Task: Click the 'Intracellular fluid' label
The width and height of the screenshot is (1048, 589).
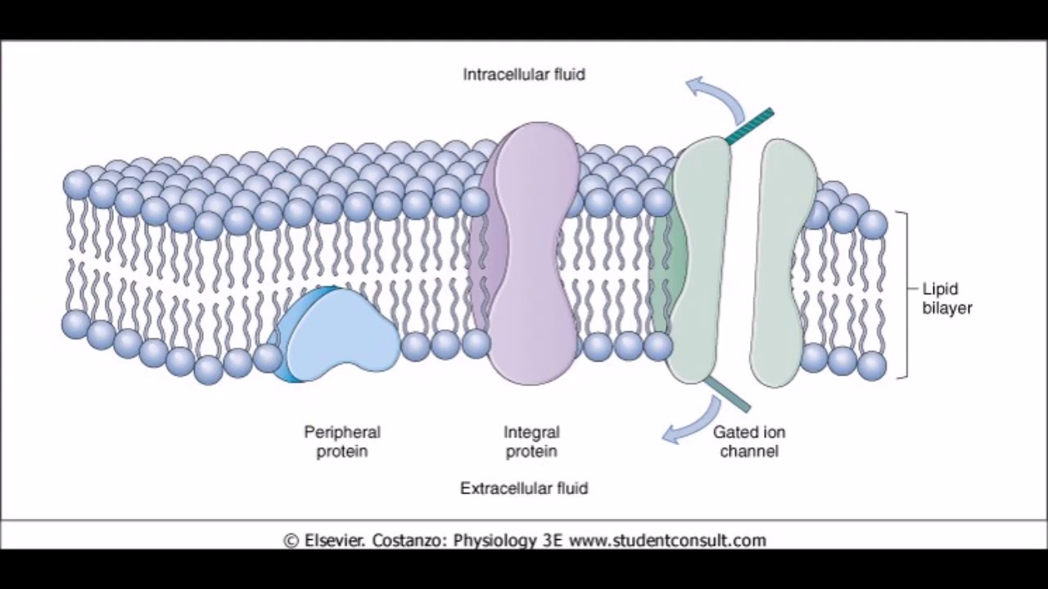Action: point(524,74)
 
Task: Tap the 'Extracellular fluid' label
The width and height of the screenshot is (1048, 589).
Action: point(524,488)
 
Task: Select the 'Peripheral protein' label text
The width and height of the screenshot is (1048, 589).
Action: point(342,441)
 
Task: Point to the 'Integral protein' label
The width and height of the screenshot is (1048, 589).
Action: point(531,441)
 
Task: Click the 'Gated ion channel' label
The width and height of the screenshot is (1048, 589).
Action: point(748,441)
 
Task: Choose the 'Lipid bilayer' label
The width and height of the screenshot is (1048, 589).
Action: point(947,298)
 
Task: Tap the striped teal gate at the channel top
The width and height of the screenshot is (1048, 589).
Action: point(749,126)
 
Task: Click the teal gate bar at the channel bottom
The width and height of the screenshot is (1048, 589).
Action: point(728,394)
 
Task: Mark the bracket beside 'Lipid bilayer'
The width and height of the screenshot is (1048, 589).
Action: point(903,294)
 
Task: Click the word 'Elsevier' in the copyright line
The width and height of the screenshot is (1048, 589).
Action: point(334,541)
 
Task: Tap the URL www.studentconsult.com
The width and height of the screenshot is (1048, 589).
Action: point(667,541)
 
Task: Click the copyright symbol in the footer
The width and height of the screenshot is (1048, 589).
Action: point(291,541)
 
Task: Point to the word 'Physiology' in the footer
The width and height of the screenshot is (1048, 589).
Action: point(495,541)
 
